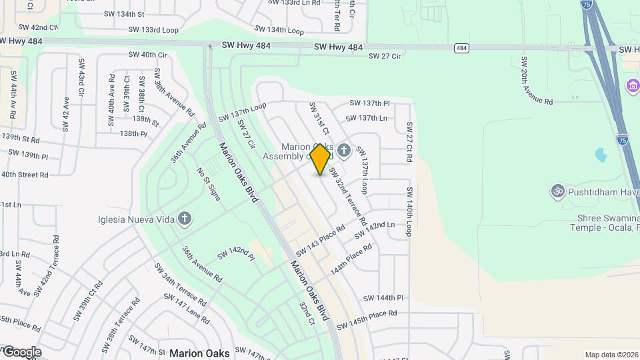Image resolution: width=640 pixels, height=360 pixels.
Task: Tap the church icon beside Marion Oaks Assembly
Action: (344, 150)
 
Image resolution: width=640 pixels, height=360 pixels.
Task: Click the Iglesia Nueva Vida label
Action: (136, 219)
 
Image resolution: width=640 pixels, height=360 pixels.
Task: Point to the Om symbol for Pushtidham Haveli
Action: (557, 192)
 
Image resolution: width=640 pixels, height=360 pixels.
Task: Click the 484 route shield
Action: (462, 48)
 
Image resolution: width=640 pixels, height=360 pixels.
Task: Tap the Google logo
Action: (21, 352)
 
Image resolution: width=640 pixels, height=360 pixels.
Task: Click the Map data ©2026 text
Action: (611, 355)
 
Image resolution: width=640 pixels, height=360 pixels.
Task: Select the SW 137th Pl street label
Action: (369, 103)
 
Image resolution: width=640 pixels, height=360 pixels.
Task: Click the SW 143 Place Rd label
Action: (321, 240)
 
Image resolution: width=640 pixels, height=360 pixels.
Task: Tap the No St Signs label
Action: (207, 184)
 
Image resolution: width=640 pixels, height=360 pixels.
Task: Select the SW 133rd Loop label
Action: (154, 30)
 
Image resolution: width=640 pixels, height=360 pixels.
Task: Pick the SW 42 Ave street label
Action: (66, 114)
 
